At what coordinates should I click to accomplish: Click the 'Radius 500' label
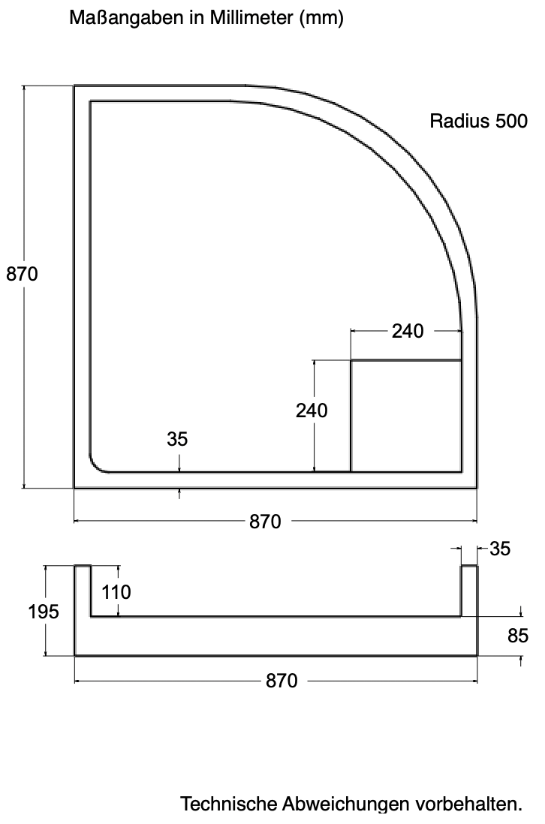tap(478, 121)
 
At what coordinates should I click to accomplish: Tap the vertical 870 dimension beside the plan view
tap(22, 274)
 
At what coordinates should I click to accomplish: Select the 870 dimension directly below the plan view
tap(265, 522)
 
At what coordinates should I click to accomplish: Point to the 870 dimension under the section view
tap(282, 681)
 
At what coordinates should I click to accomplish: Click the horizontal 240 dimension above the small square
tap(408, 331)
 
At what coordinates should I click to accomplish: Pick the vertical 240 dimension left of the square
tap(312, 410)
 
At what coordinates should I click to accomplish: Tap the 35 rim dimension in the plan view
tap(177, 439)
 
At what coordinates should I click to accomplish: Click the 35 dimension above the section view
tap(500, 549)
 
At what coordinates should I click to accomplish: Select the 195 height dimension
tap(43, 611)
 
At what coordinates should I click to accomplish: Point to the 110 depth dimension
tap(116, 592)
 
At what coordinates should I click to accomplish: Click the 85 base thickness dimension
tap(518, 636)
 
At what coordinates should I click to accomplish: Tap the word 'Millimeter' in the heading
tap(251, 17)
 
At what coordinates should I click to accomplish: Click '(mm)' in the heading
tap(321, 19)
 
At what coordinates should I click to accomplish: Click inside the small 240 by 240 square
tap(406, 416)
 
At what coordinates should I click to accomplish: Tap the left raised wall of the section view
tap(83, 591)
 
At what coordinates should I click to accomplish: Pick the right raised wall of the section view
tap(469, 591)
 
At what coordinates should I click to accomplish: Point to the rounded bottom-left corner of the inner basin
tap(96, 465)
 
